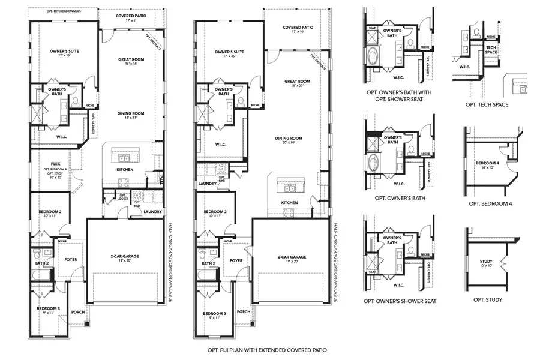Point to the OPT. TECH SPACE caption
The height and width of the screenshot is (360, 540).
487,104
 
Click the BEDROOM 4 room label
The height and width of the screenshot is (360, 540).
487,163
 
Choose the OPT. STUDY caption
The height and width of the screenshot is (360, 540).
487,299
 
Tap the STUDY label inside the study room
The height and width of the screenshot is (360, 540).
487,261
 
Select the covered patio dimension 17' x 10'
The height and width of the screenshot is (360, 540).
298,32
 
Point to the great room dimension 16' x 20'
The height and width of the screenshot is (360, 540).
297,86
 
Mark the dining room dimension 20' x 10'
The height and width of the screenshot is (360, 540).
289,143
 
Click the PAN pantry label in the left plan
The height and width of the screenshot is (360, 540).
161,177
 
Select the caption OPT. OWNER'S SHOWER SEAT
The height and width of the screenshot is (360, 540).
400,301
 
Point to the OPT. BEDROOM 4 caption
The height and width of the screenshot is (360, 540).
487,203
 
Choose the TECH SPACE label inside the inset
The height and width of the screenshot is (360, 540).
491,49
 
